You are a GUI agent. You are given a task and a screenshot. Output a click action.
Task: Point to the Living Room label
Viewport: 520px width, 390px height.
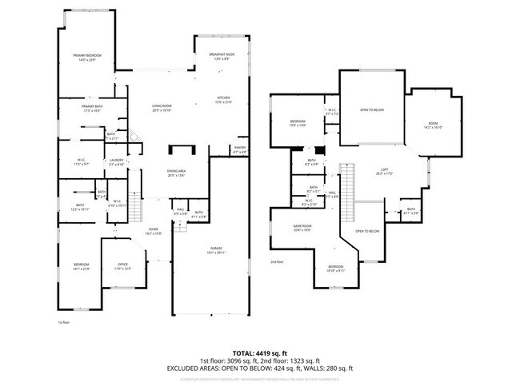(x=162, y=108)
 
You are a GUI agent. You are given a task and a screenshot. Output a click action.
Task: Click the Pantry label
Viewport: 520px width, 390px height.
(x=239, y=149)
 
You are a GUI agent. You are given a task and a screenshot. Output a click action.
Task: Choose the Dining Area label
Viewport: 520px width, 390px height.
(x=176, y=173)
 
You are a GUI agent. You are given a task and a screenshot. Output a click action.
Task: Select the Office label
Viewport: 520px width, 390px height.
(x=123, y=266)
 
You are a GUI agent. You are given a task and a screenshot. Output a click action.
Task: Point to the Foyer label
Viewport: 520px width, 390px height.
(x=153, y=232)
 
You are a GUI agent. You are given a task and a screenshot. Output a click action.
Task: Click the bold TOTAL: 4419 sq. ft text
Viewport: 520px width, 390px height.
(x=260, y=352)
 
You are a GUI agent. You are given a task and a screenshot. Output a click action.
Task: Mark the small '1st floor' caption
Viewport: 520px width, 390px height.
(x=63, y=322)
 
